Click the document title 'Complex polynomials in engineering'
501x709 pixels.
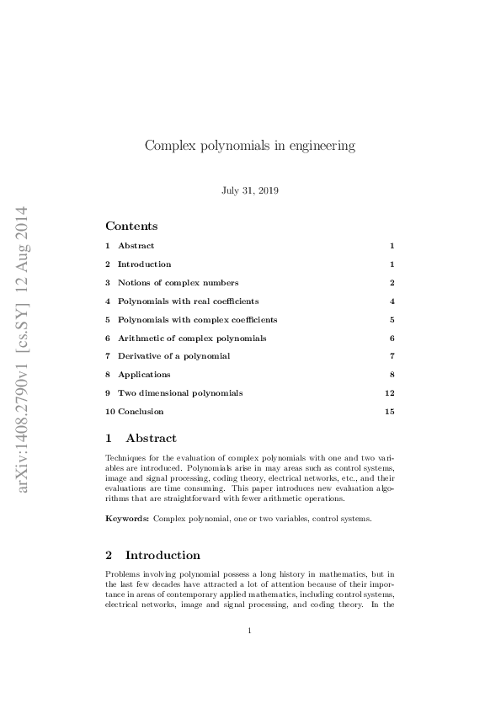coord(250,146)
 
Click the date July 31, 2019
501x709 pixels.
coord(250,191)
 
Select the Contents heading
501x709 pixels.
coord(131,226)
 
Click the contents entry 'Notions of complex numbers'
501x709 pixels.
coord(178,283)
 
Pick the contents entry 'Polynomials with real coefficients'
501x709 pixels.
coord(188,301)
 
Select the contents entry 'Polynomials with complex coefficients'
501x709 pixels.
coord(197,320)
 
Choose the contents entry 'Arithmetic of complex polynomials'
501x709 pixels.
coord(192,338)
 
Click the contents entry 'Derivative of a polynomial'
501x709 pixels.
coord(173,356)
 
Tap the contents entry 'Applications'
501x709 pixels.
coord(144,375)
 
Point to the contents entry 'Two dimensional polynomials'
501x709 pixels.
coord(180,393)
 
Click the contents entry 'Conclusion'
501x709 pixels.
coord(141,412)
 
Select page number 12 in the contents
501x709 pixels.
coord(389,393)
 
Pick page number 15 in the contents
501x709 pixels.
coord(389,412)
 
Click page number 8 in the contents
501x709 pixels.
coord(392,375)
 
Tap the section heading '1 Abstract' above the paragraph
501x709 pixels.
coord(141,438)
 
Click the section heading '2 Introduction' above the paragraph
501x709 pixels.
coord(152,555)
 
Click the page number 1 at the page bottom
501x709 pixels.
coord(250,631)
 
